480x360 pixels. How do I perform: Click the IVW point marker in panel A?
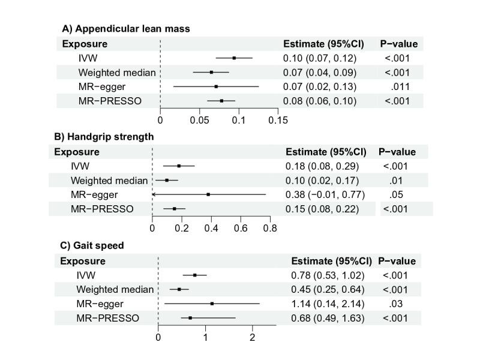pyautogui.click(x=234, y=58)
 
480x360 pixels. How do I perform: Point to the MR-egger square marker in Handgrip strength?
pyautogui.click(x=208, y=194)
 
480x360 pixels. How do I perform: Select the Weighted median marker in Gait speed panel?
pyautogui.click(x=179, y=289)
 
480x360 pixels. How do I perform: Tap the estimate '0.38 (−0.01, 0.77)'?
pyautogui.click(x=324, y=194)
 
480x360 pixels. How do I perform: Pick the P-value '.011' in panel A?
pyautogui.click(x=399, y=86)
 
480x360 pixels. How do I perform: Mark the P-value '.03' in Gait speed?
pyautogui.click(x=398, y=304)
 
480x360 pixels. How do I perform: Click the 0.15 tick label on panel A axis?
pyautogui.click(x=278, y=120)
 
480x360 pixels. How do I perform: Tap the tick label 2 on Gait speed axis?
pyautogui.click(x=253, y=337)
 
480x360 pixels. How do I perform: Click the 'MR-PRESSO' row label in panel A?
pyautogui.click(x=110, y=101)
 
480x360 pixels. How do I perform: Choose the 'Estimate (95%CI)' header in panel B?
pyautogui.click(x=325, y=152)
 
